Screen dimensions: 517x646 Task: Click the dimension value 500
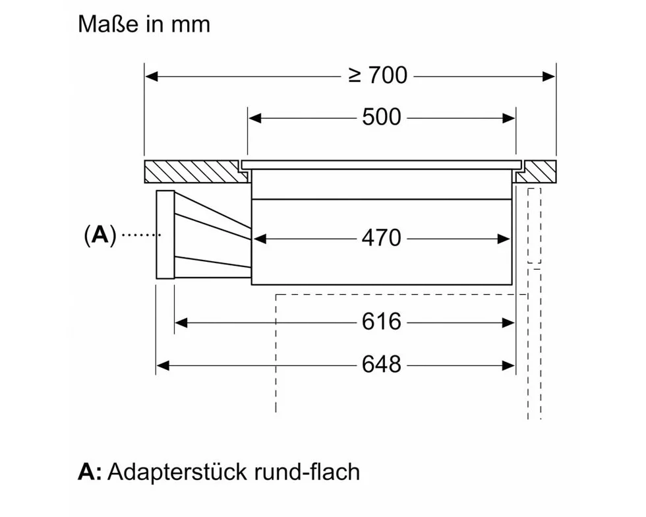pyautogui.click(x=381, y=117)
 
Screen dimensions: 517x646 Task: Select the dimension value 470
pyautogui.click(x=381, y=238)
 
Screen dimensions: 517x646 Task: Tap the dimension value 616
pyautogui.click(x=381, y=322)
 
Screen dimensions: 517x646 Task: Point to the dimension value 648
pyautogui.click(x=381, y=363)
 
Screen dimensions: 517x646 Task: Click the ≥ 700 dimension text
pyautogui.click(x=378, y=76)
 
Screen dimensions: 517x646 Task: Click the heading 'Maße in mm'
pyautogui.click(x=144, y=24)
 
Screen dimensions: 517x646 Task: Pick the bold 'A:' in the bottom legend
pyautogui.click(x=90, y=472)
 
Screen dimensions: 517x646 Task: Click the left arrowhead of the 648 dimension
pyautogui.click(x=162, y=364)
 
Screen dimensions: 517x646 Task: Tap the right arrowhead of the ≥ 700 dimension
pyautogui.click(x=550, y=76)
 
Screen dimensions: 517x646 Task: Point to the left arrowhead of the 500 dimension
pyautogui.click(x=254, y=118)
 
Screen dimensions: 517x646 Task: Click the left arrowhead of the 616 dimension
pyautogui.click(x=181, y=322)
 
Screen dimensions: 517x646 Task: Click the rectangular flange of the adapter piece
pyautogui.click(x=165, y=235)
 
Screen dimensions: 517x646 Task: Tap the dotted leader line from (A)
pyautogui.click(x=140, y=235)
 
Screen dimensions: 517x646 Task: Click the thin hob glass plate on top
pyautogui.click(x=381, y=163)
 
